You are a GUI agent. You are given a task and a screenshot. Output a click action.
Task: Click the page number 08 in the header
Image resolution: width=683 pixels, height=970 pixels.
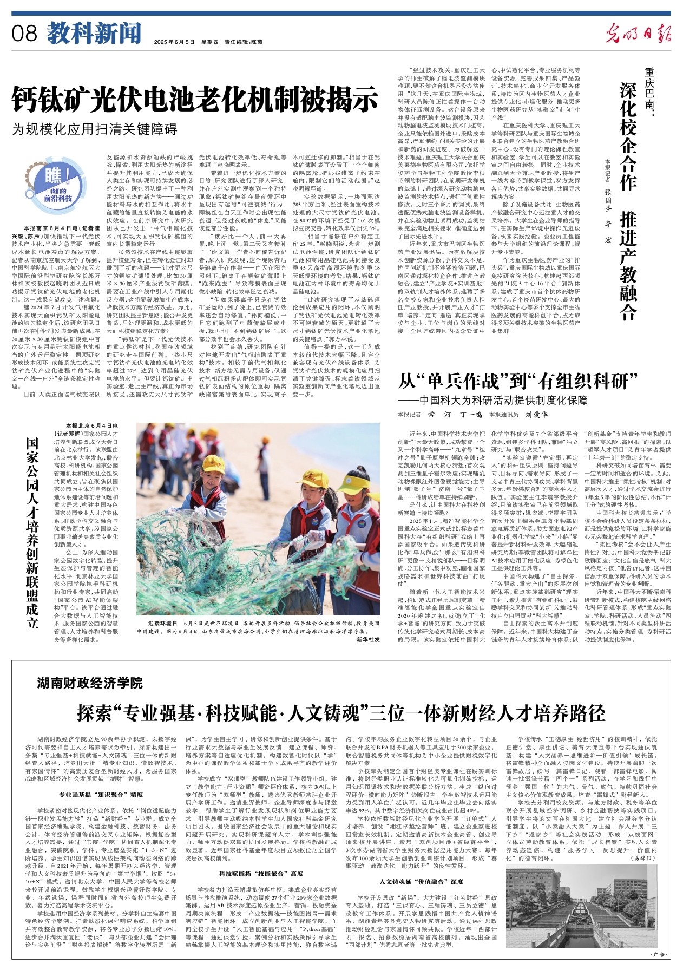click(24, 34)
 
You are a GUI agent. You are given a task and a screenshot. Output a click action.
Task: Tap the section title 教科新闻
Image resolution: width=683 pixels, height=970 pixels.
click(94, 34)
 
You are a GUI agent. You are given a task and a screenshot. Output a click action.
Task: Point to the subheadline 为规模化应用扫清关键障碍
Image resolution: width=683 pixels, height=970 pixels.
click(95, 129)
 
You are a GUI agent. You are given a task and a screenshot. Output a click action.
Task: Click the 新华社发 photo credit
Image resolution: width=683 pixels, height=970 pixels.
click(368, 639)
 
